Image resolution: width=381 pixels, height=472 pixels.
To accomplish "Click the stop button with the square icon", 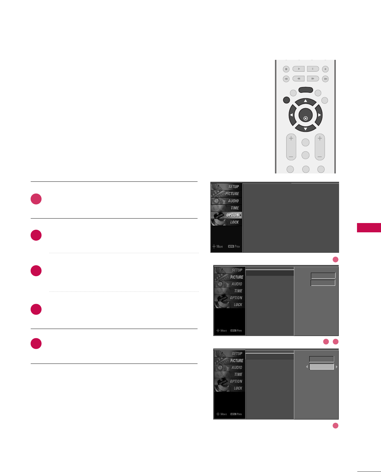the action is pyautogui.click(x=286, y=69).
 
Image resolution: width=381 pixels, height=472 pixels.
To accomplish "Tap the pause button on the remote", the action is pyautogui.click(x=313, y=69).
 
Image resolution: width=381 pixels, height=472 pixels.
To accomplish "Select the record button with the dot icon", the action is pyautogui.click(x=325, y=69).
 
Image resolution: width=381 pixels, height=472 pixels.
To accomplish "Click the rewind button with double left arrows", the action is pyautogui.click(x=298, y=79).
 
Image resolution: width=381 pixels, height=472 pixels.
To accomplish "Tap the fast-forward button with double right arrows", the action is pyautogui.click(x=313, y=79).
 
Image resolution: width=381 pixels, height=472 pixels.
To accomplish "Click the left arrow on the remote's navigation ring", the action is pyautogui.click(x=291, y=115).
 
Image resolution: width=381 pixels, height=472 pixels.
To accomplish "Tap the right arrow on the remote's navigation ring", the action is pyautogui.click(x=320, y=115).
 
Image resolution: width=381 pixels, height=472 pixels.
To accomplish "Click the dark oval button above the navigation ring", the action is pyautogui.click(x=305, y=90).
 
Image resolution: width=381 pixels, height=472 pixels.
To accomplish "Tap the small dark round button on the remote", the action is pyautogui.click(x=287, y=100).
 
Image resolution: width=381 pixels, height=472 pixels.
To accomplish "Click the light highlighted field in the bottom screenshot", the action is pyautogui.click(x=321, y=367).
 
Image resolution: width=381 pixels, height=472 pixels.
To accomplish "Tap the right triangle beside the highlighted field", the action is pyautogui.click(x=336, y=367).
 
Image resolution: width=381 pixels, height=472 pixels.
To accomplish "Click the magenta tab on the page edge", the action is pyautogui.click(x=369, y=228).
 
